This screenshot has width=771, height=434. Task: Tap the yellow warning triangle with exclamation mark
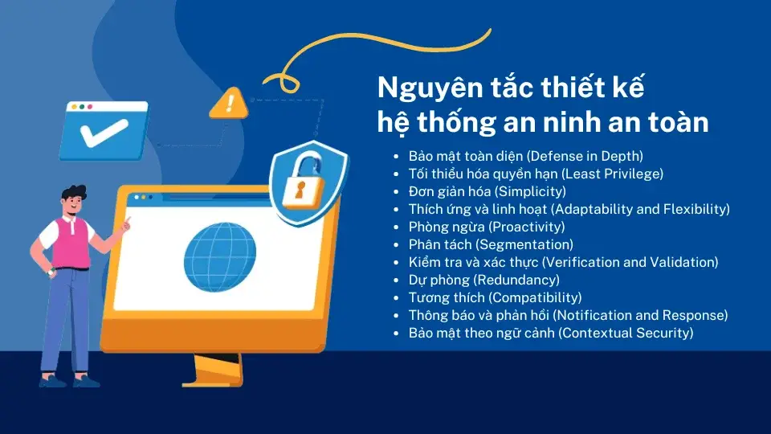pyautogui.click(x=229, y=104)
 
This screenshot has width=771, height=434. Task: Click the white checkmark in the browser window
pyautogui.click(x=104, y=133)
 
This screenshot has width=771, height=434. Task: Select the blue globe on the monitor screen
pyautogui.click(x=220, y=257)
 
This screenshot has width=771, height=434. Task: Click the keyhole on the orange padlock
pyautogui.click(x=300, y=189)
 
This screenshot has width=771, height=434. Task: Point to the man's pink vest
pyautogui.click(x=71, y=243)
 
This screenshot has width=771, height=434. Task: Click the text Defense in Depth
pyautogui.click(x=585, y=156)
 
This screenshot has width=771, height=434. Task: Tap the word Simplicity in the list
pyautogui.click(x=530, y=191)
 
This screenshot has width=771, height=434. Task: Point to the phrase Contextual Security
pyautogui.click(x=626, y=333)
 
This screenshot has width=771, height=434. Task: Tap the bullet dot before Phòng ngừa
pyautogui.click(x=396, y=227)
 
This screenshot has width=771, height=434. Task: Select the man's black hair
pyautogui.click(x=74, y=192)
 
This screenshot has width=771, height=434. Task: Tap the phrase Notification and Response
pyautogui.click(x=641, y=315)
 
